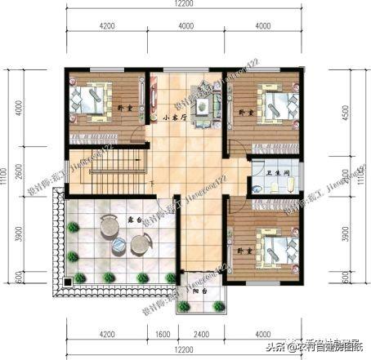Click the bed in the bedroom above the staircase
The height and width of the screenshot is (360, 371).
92,102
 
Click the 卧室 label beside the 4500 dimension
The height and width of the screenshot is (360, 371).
243,111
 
